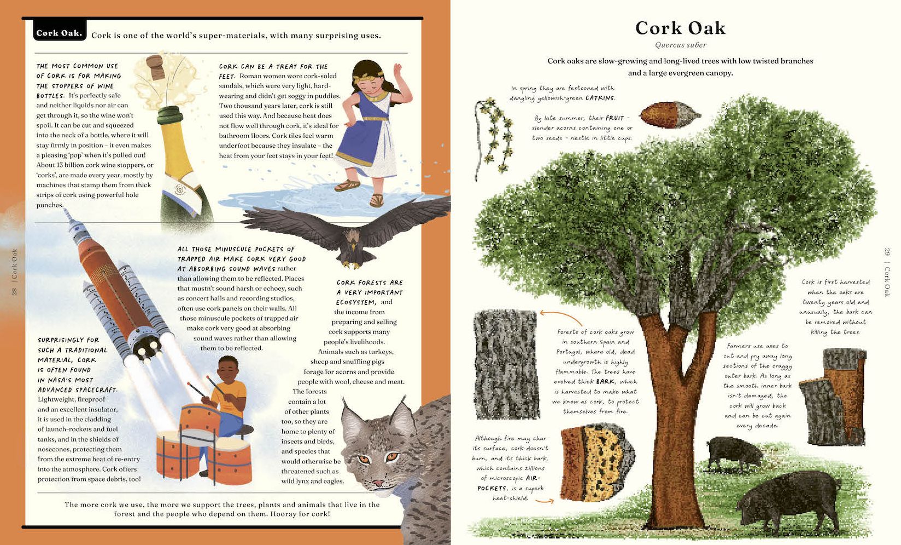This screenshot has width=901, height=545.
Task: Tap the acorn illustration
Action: pyautogui.click(x=669, y=114)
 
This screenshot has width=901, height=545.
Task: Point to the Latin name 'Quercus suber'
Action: pyautogui.click(x=681, y=45)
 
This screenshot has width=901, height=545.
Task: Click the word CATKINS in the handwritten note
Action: pyautogui.click(x=600, y=98)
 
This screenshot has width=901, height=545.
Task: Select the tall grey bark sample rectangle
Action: pyautogui.click(x=506, y=364)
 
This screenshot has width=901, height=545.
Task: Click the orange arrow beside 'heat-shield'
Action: pyautogui.click(x=545, y=500)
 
